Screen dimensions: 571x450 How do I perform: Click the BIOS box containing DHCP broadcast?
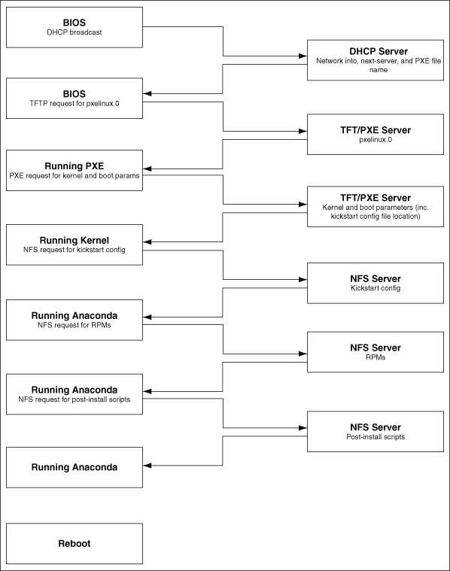(x=74, y=27)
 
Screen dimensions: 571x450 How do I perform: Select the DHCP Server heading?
(x=374, y=51)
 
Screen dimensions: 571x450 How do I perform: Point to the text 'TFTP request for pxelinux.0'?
(x=74, y=104)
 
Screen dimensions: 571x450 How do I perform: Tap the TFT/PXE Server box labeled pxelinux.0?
(x=374, y=135)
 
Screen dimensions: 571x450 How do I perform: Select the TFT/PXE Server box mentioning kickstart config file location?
(x=374, y=206)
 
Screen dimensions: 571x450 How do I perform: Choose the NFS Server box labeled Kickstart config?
(x=374, y=282)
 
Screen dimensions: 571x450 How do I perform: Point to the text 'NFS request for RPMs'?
(x=74, y=325)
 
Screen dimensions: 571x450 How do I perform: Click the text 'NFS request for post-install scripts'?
(x=74, y=399)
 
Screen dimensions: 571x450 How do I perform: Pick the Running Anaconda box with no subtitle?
(x=74, y=466)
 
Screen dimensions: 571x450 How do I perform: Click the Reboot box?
(x=74, y=542)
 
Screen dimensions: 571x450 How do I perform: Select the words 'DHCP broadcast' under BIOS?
(x=74, y=33)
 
